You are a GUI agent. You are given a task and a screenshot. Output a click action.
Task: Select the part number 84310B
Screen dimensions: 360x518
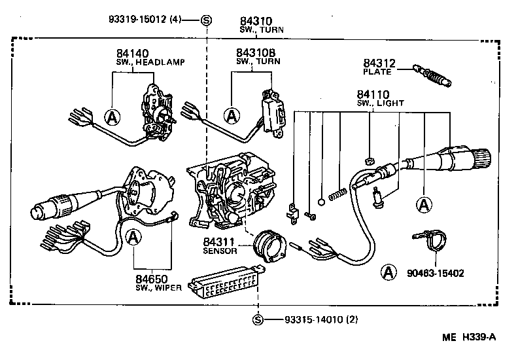click(256, 52)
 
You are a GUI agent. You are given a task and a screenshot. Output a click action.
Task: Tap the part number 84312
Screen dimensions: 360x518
click(379, 63)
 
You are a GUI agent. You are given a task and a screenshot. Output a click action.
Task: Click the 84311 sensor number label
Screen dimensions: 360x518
click(218, 242)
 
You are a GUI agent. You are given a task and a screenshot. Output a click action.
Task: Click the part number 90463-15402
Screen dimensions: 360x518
click(430, 273)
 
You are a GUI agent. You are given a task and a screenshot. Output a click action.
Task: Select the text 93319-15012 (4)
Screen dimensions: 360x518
click(145, 19)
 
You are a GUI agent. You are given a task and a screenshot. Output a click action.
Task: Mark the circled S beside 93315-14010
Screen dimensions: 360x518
click(258, 319)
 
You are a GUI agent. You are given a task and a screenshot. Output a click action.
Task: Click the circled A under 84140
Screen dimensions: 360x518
click(113, 117)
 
